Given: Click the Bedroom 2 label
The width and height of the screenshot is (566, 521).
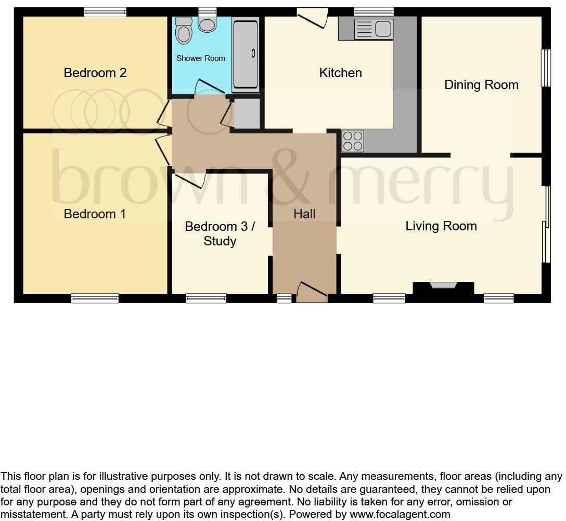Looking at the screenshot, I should tap(95, 72).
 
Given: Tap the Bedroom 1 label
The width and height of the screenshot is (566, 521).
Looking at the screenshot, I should tap(95, 214).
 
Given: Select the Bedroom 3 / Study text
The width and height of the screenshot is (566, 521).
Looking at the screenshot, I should tap(220, 233).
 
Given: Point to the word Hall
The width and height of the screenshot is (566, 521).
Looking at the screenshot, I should tap(304, 214).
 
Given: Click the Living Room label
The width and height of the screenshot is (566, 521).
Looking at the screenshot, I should tap(441, 226).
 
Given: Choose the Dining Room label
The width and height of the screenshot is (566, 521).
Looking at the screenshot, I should tap(481, 84).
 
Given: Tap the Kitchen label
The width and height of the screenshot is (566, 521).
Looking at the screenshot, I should tap(340, 72).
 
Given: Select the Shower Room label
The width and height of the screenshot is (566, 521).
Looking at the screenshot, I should tap(201, 58).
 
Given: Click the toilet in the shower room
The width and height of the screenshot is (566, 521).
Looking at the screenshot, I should tap(207, 23).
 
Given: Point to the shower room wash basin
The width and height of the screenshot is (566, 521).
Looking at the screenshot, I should tap(184, 31).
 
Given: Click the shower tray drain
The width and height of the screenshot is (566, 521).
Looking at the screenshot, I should tap(253, 53).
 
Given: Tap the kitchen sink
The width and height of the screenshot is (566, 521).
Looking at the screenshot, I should tap(374, 29).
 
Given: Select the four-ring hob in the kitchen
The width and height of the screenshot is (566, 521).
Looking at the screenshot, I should tap(353, 141).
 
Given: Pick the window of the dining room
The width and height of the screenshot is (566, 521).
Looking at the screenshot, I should tap(545, 68).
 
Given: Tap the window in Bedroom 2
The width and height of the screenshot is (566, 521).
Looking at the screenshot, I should tap(105, 12).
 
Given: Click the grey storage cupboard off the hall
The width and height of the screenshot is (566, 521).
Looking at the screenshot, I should tap(247, 113).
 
